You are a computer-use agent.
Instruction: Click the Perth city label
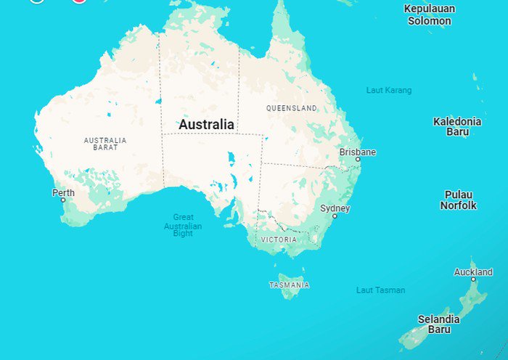(63, 192)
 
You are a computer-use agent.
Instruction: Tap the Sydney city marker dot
(335, 216)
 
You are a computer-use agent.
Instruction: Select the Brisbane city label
(358, 152)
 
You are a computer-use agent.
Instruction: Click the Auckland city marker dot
(473, 279)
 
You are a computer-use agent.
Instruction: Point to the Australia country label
(207, 125)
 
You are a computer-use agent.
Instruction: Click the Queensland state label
(292, 108)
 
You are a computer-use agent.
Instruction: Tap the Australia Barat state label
(105, 144)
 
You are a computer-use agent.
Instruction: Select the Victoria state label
(279, 239)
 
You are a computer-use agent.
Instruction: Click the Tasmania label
(290, 285)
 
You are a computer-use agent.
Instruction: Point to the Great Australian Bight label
(183, 225)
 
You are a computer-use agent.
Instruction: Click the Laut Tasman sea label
(381, 290)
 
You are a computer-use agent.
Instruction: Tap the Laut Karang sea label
(389, 91)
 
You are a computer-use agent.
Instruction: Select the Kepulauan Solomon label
(430, 15)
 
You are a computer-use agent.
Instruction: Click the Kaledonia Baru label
(457, 126)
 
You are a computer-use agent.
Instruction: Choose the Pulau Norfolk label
(459, 200)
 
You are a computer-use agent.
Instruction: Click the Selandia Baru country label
(439, 324)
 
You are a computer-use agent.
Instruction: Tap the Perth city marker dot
(63, 200)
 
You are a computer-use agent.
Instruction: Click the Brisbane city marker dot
(358, 159)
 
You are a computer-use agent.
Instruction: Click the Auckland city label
(473, 272)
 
